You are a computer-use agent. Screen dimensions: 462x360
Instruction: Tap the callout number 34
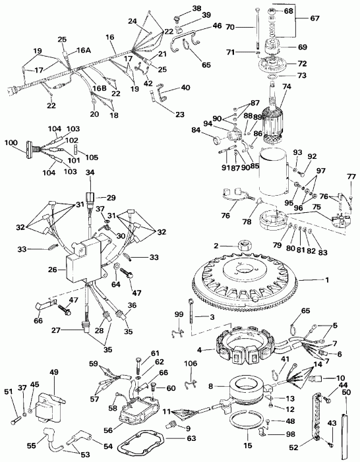(90, 173)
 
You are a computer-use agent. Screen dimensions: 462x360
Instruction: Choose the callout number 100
(11, 142)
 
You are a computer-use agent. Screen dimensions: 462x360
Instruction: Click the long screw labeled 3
(191, 318)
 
